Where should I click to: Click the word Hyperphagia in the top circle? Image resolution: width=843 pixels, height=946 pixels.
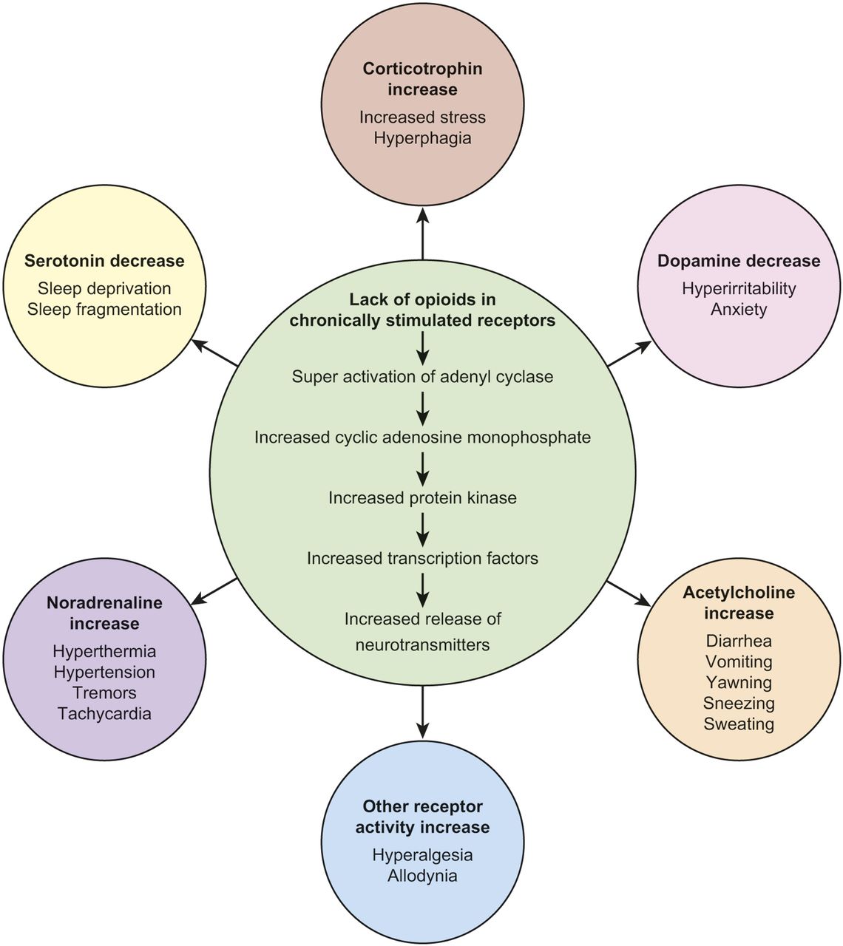click(x=422, y=138)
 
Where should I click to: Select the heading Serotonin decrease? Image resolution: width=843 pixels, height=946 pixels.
click(x=104, y=261)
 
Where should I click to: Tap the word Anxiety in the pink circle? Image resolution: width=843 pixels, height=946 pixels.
click(x=739, y=310)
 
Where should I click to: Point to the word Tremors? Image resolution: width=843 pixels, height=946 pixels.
click(x=104, y=693)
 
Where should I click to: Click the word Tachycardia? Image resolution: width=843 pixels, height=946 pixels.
click(x=104, y=714)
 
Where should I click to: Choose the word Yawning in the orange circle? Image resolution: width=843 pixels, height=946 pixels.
click(x=739, y=683)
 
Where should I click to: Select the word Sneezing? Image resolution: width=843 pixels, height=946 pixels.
click(x=739, y=704)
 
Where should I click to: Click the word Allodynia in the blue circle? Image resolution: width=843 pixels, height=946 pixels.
click(x=422, y=877)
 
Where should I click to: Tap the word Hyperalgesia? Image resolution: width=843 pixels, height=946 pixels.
click(x=422, y=856)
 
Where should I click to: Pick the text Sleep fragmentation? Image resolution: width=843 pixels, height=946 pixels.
click(x=104, y=310)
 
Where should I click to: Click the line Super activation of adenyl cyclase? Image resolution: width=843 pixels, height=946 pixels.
click(x=422, y=377)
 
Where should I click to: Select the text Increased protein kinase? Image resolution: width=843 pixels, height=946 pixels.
click(x=422, y=498)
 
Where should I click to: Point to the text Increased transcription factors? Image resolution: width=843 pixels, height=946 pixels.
click(x=422, y=559)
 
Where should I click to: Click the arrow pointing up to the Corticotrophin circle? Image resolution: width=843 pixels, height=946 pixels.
click(x=422, y=232)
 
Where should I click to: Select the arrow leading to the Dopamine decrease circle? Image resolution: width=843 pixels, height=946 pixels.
click(x=629, y=354)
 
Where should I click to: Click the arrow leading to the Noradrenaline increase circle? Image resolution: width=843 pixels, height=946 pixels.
click(x=216, y=590)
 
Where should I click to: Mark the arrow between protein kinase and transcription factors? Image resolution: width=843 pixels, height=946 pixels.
click(x=422, y=528)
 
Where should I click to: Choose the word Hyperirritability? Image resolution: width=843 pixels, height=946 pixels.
click(x=739, y=289)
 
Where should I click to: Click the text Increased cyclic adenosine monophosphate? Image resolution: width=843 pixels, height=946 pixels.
click(x=422, y=438)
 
